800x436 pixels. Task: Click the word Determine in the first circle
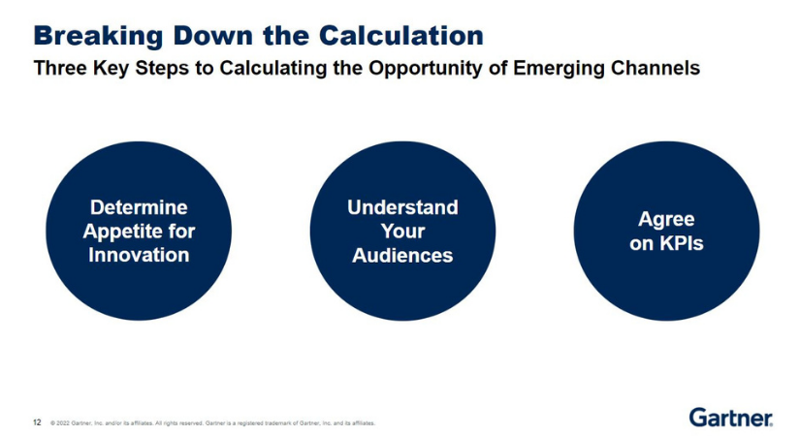point(139,207)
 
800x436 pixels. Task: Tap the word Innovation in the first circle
point(139,256)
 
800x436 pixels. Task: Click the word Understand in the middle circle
point(402,207)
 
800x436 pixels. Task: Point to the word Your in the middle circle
point(402,232)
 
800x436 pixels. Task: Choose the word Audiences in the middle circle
point(402,256)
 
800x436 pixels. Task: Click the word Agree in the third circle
point(666,219)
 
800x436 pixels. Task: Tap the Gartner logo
point(731,418)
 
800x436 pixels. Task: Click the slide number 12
point(37,422)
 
